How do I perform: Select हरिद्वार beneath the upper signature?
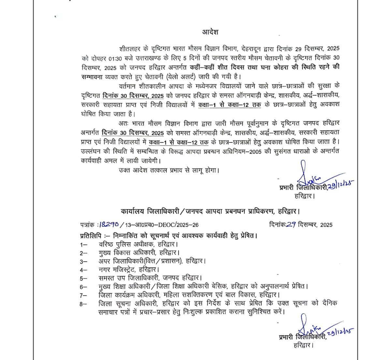(305, 196)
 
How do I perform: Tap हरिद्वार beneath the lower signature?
(303, 344)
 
